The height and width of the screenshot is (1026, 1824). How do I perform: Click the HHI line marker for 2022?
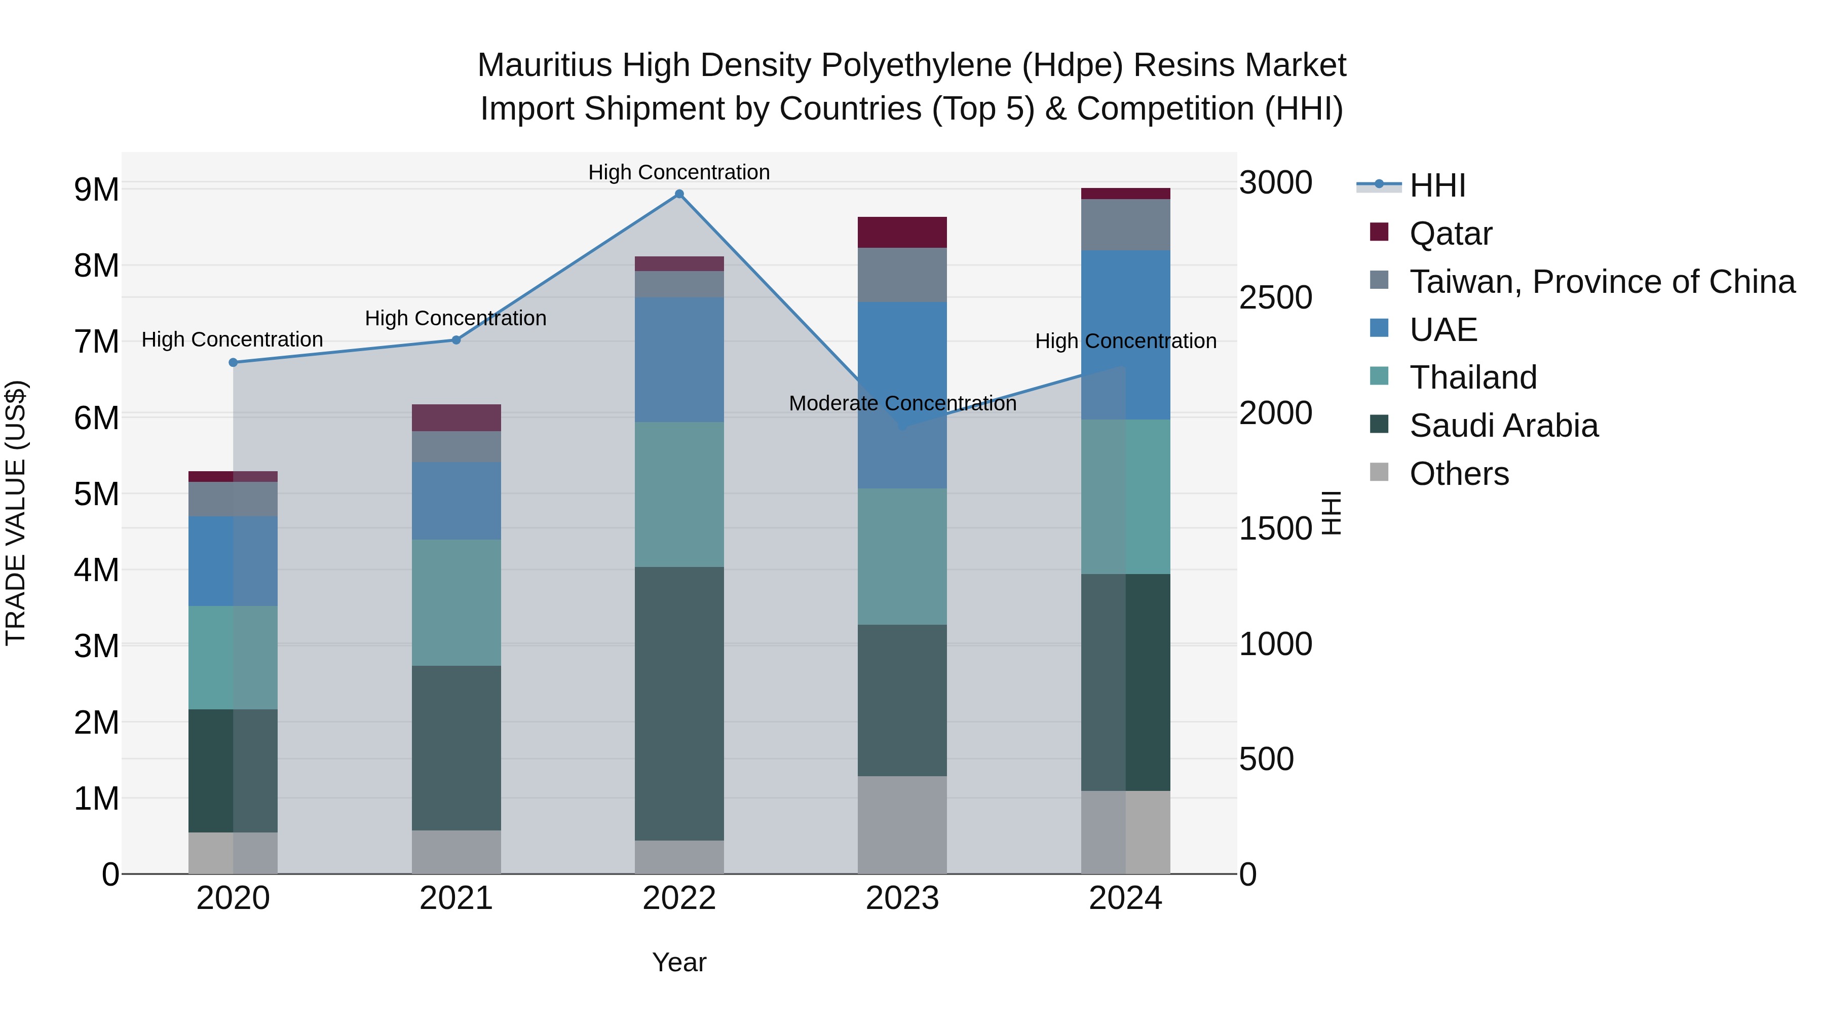click(x=679, y=194)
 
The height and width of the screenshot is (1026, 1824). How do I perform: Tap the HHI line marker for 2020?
click(x=233, y=363)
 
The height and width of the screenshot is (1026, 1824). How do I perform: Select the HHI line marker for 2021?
click(x=456, y=340)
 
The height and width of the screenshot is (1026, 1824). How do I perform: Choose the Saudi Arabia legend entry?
click(x=1503, y=426)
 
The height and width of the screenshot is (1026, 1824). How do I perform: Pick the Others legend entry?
click(x=1459, y=474)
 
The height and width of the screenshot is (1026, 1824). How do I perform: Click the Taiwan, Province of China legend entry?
click(x=1602, y=282)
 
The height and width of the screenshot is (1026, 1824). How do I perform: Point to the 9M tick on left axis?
click(x=96, y=190)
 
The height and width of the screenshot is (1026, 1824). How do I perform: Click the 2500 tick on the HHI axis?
click(x=1275, y=297)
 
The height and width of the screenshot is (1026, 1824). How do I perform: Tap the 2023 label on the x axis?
click(x=902, y=898)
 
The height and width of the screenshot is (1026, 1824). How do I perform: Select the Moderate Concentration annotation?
click(x=902, y=404)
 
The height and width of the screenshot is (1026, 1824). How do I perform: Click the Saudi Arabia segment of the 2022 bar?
click(x=679, y=703)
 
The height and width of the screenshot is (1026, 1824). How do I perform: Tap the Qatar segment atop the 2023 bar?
click(x=902, y=232)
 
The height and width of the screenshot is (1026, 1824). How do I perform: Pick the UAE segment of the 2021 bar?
click(x=456, y=501)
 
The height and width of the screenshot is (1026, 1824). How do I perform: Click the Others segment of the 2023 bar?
click(x=902, y=825)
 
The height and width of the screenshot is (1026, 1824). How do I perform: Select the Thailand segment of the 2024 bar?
click(x=1125, y=497)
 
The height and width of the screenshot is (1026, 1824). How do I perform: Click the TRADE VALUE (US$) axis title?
click(x=16, y=513)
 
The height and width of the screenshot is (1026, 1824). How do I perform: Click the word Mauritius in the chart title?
click(x=544, y=65)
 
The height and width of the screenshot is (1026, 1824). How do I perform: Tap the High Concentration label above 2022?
click(x=679, y=172)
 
